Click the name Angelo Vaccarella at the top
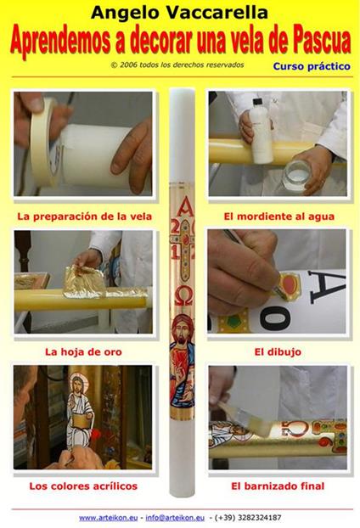pos(179,13)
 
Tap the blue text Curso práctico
pos(312,66)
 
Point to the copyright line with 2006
pos(177,65)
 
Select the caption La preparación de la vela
pos(85,216)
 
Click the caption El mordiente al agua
pos(279,216)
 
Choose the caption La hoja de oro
pos(83,352)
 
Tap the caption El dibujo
pos(278,352)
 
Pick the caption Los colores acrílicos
pos(83,486)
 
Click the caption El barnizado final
pos(278,486)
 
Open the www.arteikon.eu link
pos(108,518)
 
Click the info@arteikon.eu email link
pos(175,518)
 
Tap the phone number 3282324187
pos(259,518)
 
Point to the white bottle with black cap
pos(261,131)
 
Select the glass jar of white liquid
pos(296,176)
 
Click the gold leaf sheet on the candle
pos(85,282)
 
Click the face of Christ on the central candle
pos(183,332)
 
